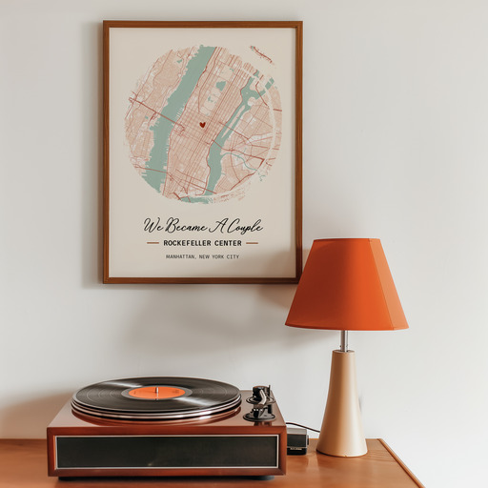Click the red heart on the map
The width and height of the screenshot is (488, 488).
[202, 124]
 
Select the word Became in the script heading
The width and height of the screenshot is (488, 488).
[185, 226]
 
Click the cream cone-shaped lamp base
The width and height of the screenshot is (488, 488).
[341, 405]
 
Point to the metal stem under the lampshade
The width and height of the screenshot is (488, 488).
[343, 340]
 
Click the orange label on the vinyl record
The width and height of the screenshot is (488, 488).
[156, 392]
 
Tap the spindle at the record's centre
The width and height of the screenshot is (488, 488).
[156, 389]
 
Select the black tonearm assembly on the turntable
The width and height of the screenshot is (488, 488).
[260, 403]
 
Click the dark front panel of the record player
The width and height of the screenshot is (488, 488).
[167, 452]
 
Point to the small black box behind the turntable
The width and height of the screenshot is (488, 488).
[296, 440]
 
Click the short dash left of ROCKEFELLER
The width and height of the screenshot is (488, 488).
[152, 243]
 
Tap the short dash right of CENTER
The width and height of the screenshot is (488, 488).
[252, 243]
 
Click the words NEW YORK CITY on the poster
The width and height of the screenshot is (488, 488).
[219, 256]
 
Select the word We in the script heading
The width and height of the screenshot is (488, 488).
[153, 226]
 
